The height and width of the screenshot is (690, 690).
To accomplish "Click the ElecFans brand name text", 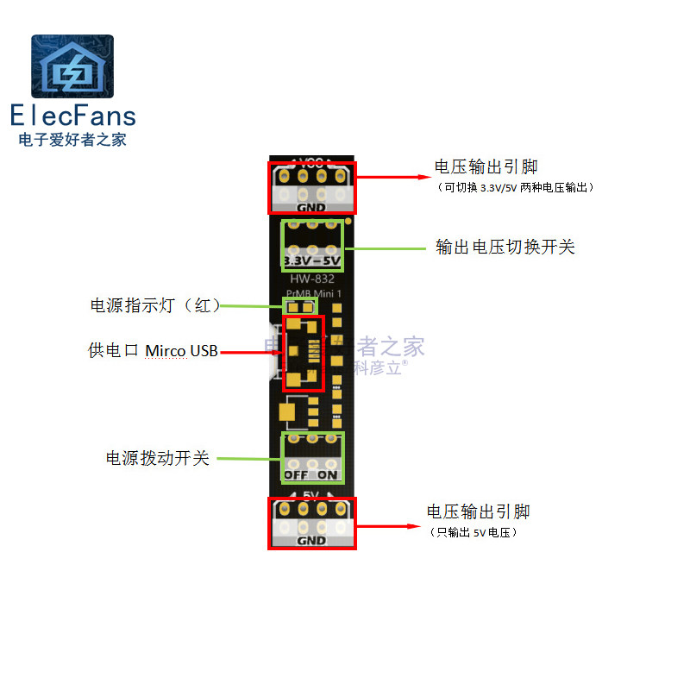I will click(x=72, y=116).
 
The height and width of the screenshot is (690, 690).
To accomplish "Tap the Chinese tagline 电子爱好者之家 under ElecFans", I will click(x=72, y=139).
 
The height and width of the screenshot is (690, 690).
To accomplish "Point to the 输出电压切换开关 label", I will click(x=505, y=248).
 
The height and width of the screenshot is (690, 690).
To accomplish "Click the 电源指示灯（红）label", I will click(x=156, y=305).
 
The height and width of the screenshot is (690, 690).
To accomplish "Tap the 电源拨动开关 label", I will click(x=158, y=458).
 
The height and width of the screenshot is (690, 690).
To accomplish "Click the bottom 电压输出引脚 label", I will click(x=479, y=511).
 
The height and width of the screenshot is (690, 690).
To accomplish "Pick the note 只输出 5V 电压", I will click(x=474, y=533).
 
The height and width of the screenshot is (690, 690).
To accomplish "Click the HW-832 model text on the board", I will click(x=312, y=279).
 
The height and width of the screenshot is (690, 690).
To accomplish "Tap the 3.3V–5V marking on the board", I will click(x=312, y=260).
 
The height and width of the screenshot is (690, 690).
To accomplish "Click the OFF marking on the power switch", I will click(x=296, y=474).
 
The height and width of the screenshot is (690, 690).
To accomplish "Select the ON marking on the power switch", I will click(x=328, y=474).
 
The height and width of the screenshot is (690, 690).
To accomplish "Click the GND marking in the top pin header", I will click(x=311, y=208).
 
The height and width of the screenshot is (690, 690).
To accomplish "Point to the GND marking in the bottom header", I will click(x=311, y=541).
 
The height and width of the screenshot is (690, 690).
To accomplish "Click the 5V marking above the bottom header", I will click(x=310, y=495).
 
